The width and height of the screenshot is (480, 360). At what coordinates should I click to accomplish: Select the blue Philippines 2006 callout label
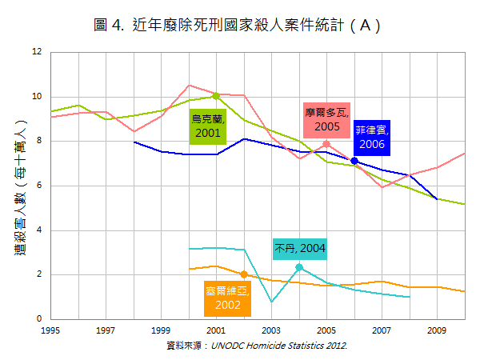tap(372, 138)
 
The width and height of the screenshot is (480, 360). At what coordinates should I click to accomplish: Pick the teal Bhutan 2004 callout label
tap(300, 249)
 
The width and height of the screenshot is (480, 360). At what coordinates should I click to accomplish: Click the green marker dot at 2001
tap(216, 96)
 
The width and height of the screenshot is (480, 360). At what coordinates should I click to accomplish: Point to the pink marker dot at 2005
tap(326, 144)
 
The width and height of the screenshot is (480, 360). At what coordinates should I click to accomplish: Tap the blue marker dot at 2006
tap(354, 161)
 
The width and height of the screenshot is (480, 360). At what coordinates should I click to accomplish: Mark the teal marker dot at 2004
tap(299, 267)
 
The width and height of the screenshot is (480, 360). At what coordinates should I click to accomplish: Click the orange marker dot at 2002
tap(243, 274)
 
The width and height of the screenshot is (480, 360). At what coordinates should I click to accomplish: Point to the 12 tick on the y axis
tap(36, 52)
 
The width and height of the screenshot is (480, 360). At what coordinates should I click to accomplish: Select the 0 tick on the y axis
tap(38, 319)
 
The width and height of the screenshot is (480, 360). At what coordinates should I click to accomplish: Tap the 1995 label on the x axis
tap(50, 330)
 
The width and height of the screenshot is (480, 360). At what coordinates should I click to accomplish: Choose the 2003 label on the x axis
tap(271, 330)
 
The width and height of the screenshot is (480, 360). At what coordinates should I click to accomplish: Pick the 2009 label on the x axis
tap(437, 330)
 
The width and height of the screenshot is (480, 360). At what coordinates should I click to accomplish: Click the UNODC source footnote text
tap(256, 346)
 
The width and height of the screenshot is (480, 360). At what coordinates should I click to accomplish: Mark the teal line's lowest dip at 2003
tap(271, 302)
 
